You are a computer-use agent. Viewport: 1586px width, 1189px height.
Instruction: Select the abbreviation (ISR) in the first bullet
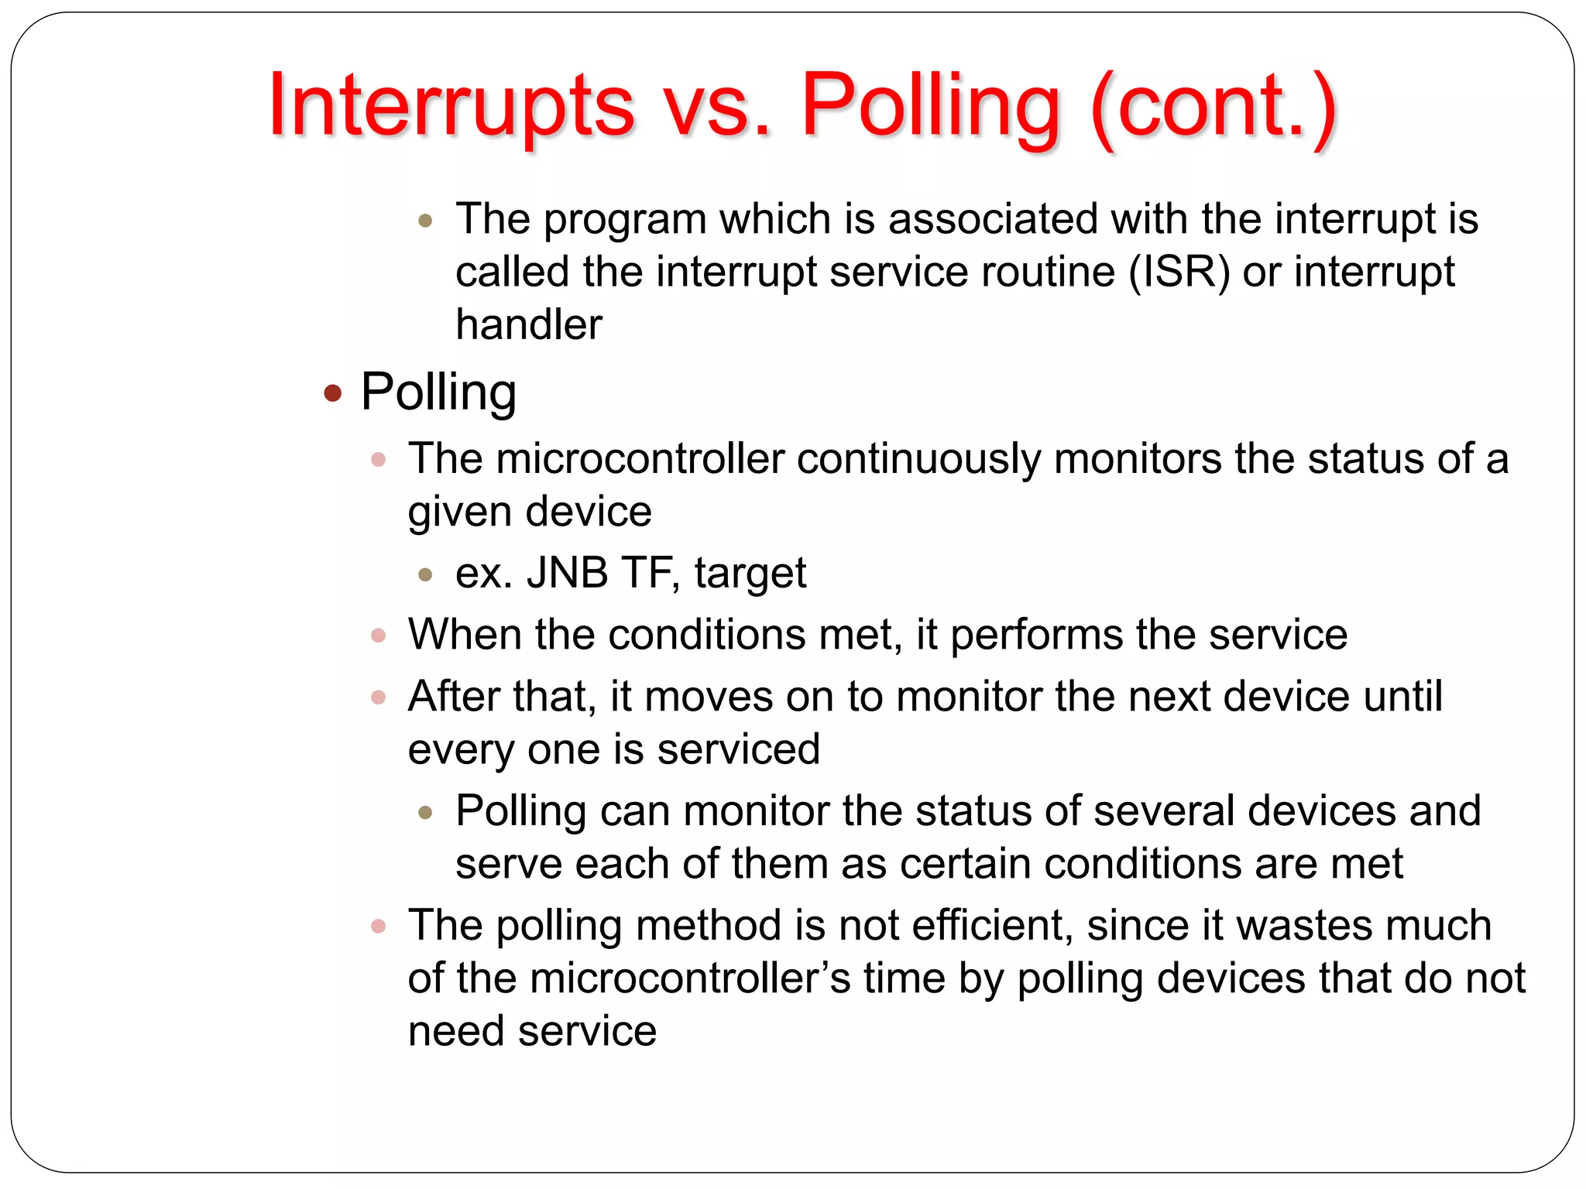coord(1179,272)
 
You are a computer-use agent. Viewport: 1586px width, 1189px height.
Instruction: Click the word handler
coord(528,324)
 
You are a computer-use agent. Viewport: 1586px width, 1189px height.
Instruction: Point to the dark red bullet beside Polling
coord(333,393)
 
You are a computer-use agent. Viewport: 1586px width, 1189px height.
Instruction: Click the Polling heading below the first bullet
coord(438,392)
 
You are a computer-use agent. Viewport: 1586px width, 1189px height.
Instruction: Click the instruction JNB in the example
coord(567,573)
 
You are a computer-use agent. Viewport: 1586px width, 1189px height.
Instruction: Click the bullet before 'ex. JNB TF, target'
coord(424,574)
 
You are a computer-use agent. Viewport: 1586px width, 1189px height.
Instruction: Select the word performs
coord(1036,635)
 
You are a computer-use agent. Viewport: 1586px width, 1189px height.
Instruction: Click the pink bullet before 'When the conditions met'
coord(378,636)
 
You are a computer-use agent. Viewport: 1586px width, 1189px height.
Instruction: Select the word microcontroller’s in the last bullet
coord(690,978)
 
